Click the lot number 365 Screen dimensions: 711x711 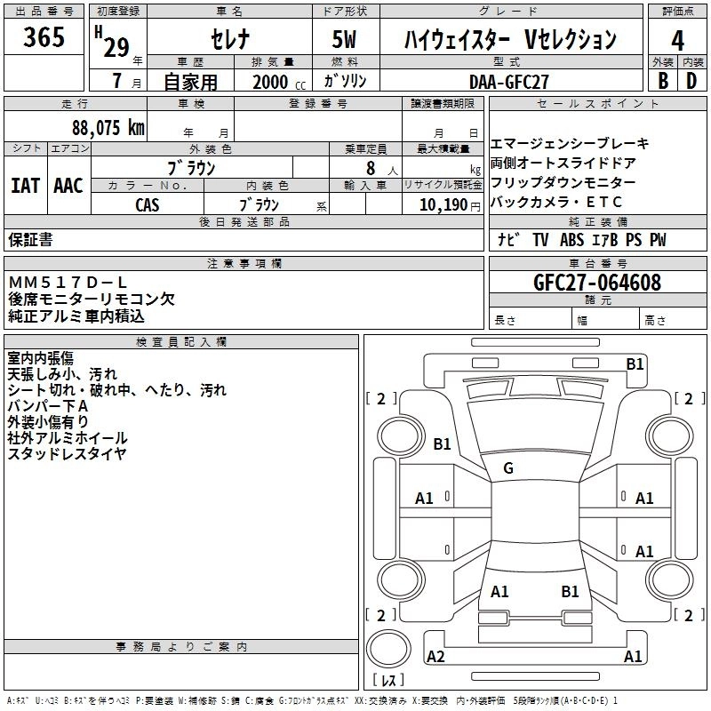pos(44,38)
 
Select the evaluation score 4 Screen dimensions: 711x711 pos(677,40)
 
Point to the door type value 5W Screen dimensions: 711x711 pos(346,40)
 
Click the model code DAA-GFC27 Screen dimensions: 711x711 pos(509,81)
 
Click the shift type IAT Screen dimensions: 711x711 pos(25,186)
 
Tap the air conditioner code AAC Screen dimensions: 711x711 pos(68,186)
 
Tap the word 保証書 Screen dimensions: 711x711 pos(30,240)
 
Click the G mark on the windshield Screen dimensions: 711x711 pos(508,468)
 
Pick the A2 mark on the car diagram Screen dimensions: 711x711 pos(435,657)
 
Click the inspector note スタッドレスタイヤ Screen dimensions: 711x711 pos(67,454)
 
